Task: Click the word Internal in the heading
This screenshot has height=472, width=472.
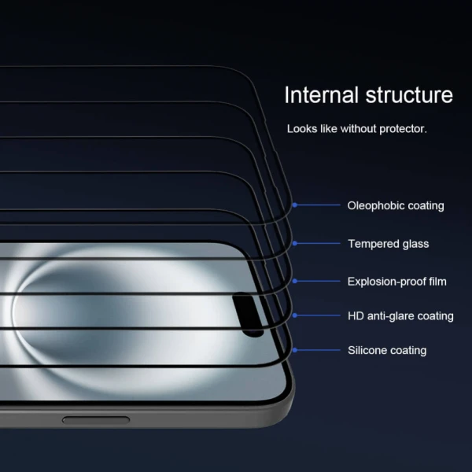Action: coord(321,95)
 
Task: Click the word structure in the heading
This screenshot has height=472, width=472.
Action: coord(409,95)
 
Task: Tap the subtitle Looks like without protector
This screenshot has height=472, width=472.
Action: coord(356,128)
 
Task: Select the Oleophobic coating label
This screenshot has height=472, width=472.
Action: coord(396,205)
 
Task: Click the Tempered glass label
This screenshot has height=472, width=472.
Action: coord(389,244)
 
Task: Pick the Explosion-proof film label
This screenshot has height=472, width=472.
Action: coord(396,281)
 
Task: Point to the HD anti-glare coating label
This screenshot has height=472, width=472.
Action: coord(400,315)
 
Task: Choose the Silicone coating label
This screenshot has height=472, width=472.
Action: coord(387,350)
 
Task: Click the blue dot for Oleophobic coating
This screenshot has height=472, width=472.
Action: coord(295,205)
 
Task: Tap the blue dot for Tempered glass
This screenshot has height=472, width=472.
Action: coord(295,244)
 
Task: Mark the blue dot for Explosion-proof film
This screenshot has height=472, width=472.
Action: coord(295,281)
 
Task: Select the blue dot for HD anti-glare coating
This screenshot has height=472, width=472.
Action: coord(295,315)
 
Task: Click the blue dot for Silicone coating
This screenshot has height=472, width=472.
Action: coord(295,350)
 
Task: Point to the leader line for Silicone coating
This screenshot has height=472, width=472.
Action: coord(318,350)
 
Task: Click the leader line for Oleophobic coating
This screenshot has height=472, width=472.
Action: coord(318,205)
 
